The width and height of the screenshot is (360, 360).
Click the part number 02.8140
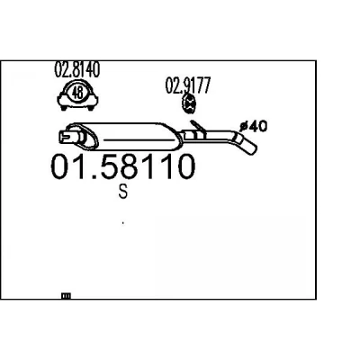[76, 69]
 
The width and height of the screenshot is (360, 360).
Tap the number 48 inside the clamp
[77, 93]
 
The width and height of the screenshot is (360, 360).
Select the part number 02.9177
[188, 85]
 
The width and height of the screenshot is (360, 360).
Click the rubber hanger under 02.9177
[189, 103]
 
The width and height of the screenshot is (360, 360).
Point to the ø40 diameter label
[253, 127]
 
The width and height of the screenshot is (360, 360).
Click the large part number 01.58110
[123, 166]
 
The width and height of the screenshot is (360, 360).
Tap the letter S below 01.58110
[123, 192]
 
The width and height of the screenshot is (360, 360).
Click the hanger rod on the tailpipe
[198, 127]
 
